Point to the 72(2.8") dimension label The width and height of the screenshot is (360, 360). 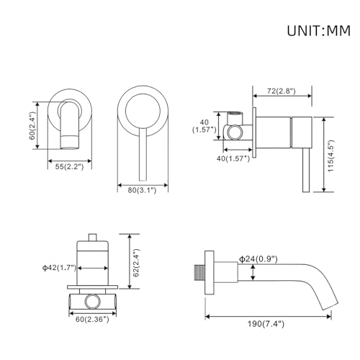pos(284,92)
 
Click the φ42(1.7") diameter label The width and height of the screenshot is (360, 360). pos(60,268)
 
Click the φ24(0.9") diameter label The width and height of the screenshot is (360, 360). pos(258,258)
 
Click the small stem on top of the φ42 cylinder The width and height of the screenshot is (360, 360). pos(91,236)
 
